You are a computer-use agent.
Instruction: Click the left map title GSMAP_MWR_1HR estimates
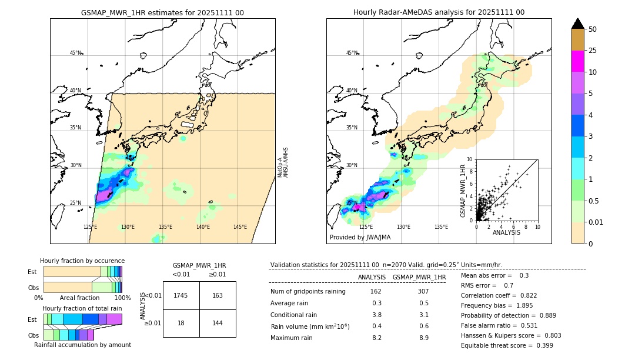[x=162, y=12]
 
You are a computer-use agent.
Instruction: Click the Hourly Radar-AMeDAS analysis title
[x=439, y=12]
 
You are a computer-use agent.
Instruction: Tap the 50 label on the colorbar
[x=593, y=29]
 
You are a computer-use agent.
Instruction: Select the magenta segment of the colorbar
[x=577, y=61]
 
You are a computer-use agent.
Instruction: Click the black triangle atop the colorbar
[x=577, y=24]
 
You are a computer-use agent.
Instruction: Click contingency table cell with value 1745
[x=181, y=295]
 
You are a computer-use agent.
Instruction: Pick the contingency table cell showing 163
[x=218, y=295]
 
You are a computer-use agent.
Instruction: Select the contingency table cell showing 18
[x=181, y=324]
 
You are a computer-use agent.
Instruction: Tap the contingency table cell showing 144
[x=218, y=324]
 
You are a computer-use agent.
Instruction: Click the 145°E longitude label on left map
[x=240, y=227]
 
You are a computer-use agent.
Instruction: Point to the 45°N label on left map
[x=76, y=53]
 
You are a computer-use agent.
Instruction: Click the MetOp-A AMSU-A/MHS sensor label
[x=283, y=162]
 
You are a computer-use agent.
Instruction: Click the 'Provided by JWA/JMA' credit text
[x=360, y=237]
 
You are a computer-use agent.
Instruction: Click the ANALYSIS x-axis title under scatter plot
[x=506, y=232]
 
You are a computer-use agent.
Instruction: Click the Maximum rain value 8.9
[x=423, y=338]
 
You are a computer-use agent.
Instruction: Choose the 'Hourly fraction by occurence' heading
[x=82, y=261]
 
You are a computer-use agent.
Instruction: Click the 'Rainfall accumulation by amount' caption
[x=82, y=345]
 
